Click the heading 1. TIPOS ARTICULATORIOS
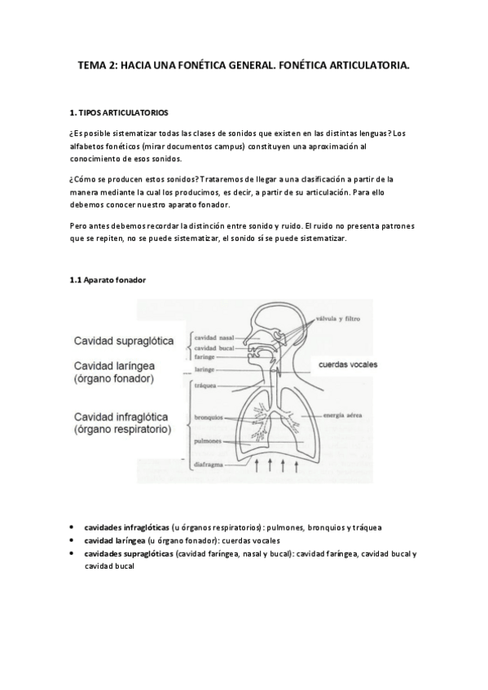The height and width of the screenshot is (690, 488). [x=121, y=111]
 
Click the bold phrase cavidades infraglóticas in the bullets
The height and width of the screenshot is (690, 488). [x=126, y=527]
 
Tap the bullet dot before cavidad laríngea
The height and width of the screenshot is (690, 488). [x=73, y=540]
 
